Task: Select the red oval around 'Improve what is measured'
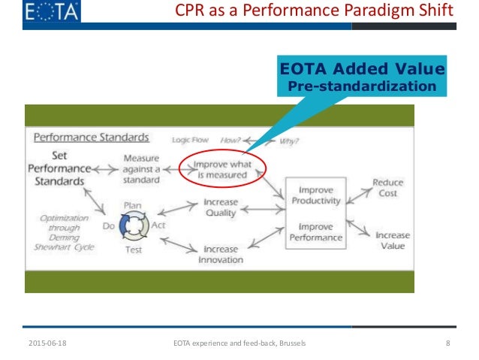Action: [222, 171]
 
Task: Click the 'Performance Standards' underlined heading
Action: [91, 138]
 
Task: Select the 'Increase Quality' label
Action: [221, 208]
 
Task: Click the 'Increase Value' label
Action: [393, 241]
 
